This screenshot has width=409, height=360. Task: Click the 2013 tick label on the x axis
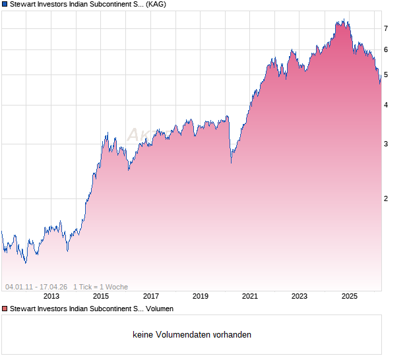click(51, 297)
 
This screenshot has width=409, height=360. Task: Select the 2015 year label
click(101, 297)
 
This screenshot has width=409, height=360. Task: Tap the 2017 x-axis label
click(151, 297)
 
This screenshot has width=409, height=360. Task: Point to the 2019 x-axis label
click(201, 297)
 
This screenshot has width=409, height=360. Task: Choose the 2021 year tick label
click(250, 297)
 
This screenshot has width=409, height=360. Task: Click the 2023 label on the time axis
click(299, 297)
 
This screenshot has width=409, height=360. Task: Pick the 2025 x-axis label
click(350, 297)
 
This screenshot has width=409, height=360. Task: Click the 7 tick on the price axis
click(386, 28)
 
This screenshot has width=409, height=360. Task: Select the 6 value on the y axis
click(386, 50)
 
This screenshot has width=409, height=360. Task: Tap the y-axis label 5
click(386, 75)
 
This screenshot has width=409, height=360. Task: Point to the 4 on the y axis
click(386, 105)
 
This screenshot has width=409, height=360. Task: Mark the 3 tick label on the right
click(386, 144)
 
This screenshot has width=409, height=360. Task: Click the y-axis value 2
click(386, 198)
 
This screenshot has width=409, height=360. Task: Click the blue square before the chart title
click(5, 5)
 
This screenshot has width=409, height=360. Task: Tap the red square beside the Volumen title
click(5, 309)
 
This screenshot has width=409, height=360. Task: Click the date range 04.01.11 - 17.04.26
click(36, 287)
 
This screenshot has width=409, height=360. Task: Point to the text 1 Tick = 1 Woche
click(100, 287)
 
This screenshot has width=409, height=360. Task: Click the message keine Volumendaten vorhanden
click(192, 335)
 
